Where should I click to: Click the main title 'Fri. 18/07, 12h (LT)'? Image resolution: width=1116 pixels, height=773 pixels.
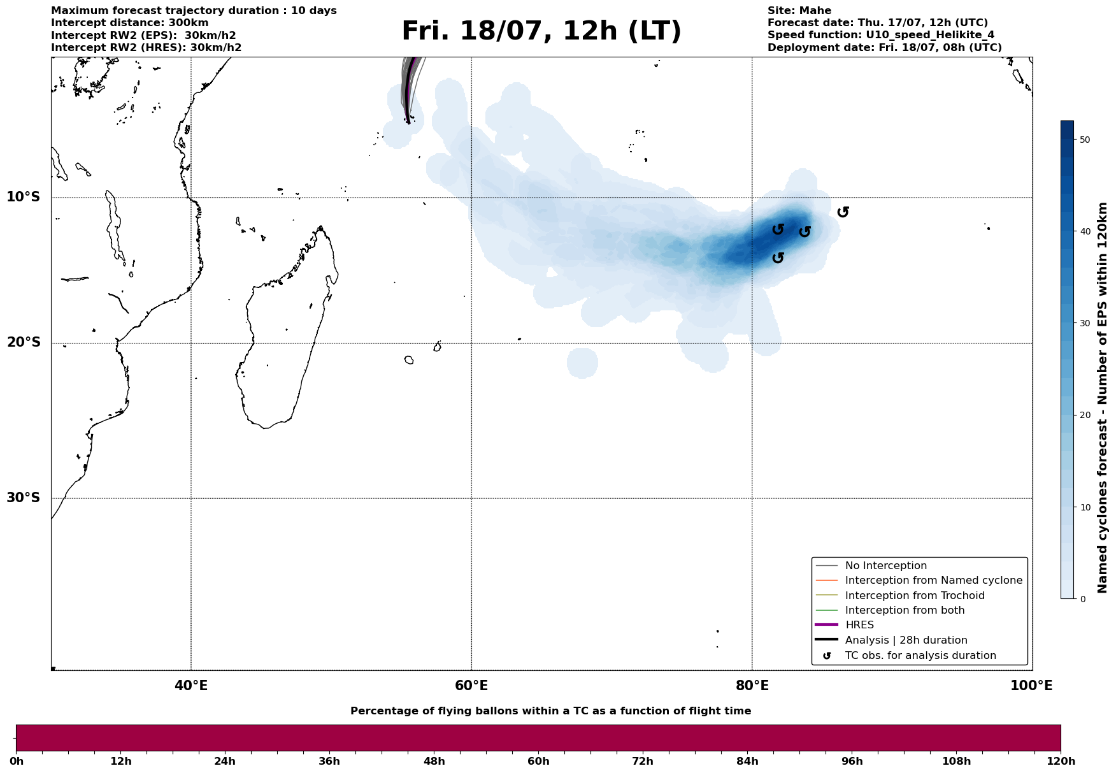point(541,31)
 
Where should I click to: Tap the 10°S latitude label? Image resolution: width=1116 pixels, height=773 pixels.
point(24,197)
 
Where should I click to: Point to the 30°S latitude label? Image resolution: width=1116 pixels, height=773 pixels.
point(24,498)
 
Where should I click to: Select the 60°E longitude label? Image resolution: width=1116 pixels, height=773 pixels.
point(471,686)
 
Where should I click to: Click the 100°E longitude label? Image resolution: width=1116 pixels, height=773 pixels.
point(1031,686)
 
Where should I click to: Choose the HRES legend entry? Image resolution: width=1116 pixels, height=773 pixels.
point(859,625)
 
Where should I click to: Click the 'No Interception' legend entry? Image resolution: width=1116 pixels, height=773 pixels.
point(885,566)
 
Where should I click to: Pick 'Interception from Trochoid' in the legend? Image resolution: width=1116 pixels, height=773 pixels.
point(914,596)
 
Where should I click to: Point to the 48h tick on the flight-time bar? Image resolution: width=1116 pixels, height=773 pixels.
point(434,761)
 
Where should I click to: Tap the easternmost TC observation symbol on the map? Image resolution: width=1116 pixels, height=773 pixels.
point(843,212)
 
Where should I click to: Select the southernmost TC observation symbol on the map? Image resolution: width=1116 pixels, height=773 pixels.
point(778,257)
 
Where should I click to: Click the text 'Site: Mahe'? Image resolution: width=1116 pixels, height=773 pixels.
point(799,11)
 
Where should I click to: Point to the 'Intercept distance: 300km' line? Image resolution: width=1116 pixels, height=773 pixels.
point(129,23)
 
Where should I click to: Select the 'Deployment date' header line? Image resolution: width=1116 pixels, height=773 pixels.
point(884,48)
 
